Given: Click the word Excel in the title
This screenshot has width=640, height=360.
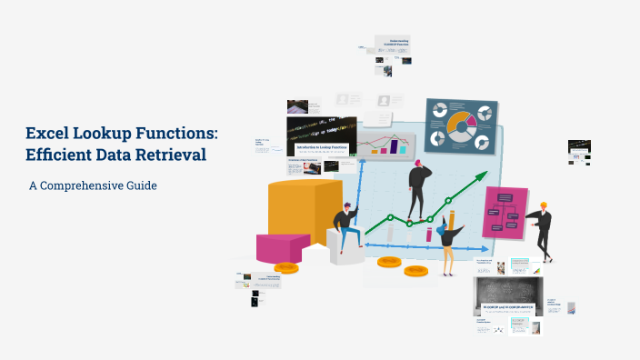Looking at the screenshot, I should coord(48,135).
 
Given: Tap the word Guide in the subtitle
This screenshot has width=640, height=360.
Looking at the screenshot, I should coord(142,185).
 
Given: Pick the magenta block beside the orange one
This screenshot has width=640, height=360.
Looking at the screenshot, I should coord(283,246).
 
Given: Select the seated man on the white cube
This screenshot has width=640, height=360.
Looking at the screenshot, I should coord(346,227).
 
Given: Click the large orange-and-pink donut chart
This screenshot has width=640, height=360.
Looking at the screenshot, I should coord(460,122).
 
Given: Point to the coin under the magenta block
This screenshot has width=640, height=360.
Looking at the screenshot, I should coord(286,267).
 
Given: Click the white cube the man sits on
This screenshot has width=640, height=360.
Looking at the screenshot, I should coord(346,250).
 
